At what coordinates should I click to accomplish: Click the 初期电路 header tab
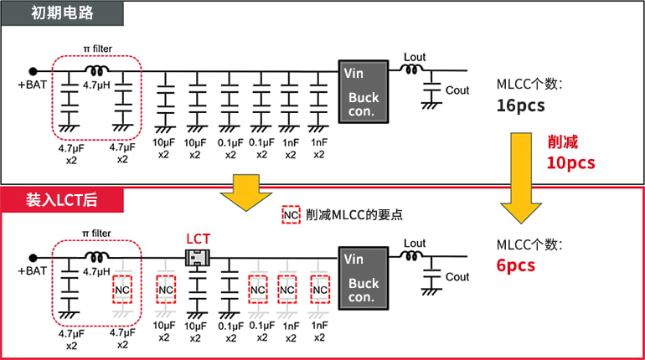(62, 13)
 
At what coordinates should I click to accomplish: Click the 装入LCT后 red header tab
(62, 199)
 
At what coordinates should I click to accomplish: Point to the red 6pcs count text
(516, 265)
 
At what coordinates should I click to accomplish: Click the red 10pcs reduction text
(570, 162)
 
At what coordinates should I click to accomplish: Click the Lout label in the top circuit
(415, 58)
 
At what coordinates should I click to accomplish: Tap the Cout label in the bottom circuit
(457, 277)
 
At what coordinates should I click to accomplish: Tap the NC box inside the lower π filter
(123, 290)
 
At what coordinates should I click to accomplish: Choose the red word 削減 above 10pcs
(562, 141)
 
